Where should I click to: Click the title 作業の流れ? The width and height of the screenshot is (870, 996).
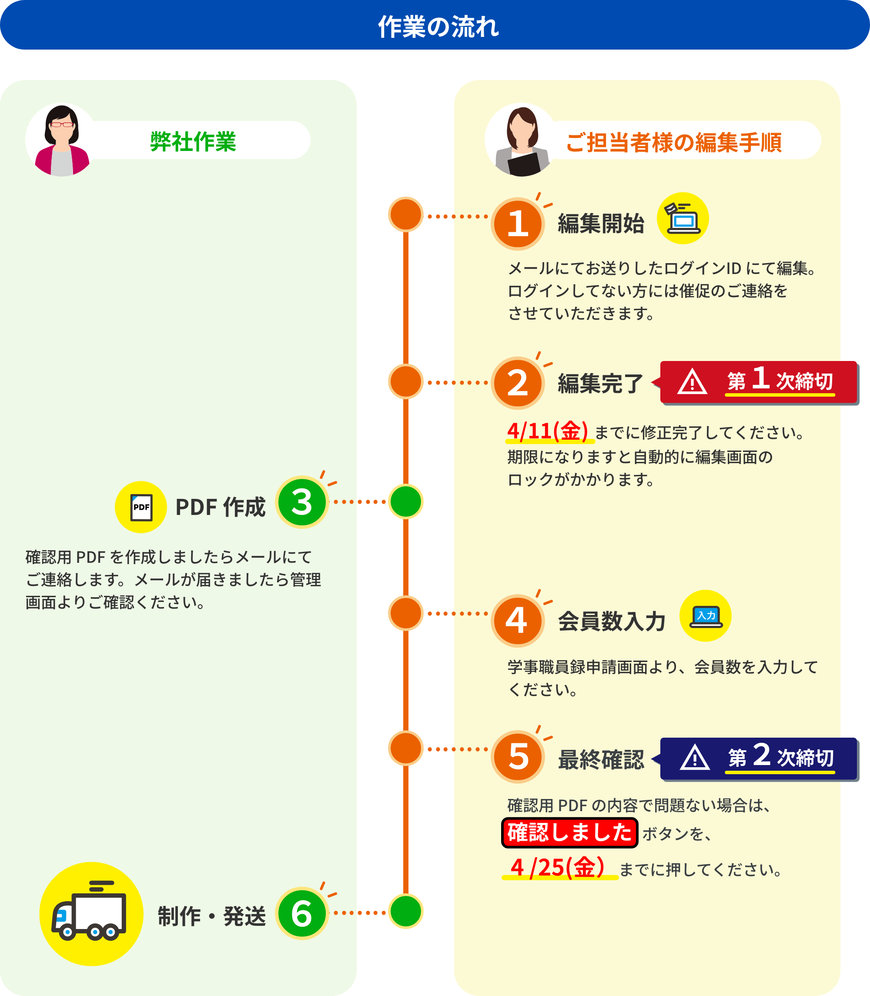click(x=438, y=26)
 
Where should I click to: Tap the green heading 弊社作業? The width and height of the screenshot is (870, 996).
click(x=193, y=141)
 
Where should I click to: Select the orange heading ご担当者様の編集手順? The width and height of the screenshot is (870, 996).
click(x=673, y=142)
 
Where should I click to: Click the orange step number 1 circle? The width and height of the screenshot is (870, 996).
click(x=518, y=224)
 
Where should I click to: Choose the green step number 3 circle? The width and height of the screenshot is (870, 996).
click(x=301, y=502)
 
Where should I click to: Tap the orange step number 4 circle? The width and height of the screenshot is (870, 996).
click(x=518, y=620)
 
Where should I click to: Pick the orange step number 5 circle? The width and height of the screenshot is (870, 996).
click(x=518, y=756)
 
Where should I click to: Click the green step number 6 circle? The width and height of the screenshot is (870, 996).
click(x=301, y=913)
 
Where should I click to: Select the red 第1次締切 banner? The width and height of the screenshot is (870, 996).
click(x=759, y=382)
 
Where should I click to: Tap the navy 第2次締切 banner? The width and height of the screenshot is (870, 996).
click(x=759, y=758)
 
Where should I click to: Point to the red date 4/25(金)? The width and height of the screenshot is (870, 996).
click(x=557, y=867)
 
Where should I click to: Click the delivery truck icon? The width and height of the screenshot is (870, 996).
click(x=91, y=913)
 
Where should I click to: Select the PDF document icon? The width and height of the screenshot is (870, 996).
click(x=141, y=507)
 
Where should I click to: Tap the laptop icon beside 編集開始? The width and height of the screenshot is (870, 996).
click(x=683, y=218)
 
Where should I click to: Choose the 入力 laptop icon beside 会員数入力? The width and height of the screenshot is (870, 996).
click(x=706, y=616)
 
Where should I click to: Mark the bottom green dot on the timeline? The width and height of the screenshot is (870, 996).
click(x=406, y=911)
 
